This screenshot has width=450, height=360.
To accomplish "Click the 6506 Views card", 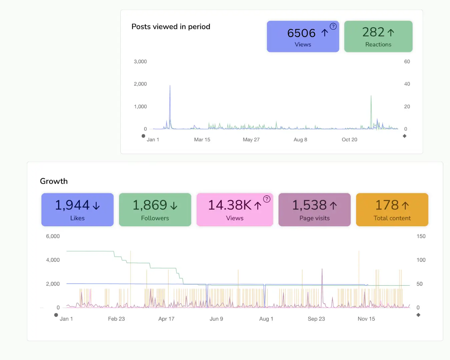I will pyautogui.click(x=303, y=37).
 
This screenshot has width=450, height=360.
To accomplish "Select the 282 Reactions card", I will pyautogui.click(x=378, y=37).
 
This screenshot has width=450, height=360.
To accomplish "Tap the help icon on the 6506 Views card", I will pyautogui.click(x=333, y=26).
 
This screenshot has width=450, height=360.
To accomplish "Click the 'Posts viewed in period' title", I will pyautogui.click(x=171, y=27).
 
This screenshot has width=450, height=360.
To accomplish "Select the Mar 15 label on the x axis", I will pyautogui.click(x=202, y=140).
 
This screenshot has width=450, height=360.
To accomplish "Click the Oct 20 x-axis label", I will pyautogui.click(x=349, y=140).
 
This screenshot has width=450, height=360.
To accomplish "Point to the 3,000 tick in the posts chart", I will pyautogui.click(x=140, y=62).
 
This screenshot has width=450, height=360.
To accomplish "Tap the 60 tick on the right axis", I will pyautogui.click(x=407, y=62).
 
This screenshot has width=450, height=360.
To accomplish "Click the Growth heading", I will pyautogui.click(x=54, y=181).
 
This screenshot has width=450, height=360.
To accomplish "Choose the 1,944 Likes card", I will pyautogui.click(x=77, y=210).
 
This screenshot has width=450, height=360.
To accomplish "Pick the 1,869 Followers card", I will pyautogui.click(x=155, y=210).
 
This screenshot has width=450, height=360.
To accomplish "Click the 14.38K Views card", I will pyautogui.click(x=235, y=210).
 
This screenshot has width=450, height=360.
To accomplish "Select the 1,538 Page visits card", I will pyautogui.click(x=314, y=210).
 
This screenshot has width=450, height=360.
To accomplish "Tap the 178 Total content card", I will pyautogui.click(x=392, y=210).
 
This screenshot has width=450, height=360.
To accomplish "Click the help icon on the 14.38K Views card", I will pyautogui.click(x=267, y=199).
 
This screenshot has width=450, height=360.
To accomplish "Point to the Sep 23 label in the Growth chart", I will pyautogui.click(x=316, y=319).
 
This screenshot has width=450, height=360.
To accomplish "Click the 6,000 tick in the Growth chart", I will pyautogui.click(x=53, y=236).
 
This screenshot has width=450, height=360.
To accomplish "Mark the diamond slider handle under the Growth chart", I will pyautogui.click(x=418, y=315).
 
